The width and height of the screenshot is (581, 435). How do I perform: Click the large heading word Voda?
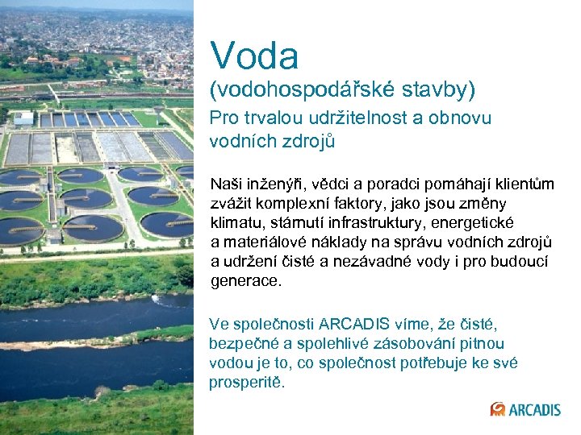click(x=254, y=56)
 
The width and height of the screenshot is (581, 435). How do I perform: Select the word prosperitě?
click(x=247, y=383)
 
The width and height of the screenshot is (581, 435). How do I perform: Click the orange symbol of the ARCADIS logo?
click(x=498, y=409)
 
